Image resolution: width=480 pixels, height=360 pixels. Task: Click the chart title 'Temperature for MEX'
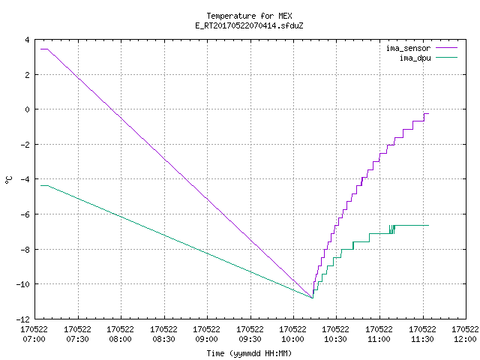[x=249, y=16]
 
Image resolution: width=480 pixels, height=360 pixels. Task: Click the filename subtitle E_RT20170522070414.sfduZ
[x=249, y=25]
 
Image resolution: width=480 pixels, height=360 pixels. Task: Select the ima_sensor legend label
[x=408, y=48]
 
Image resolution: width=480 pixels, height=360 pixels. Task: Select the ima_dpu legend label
[x=415, y=58]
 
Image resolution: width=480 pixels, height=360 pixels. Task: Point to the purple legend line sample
[x=446, y=48]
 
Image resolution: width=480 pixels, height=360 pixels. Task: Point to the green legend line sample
[x=446, y=57]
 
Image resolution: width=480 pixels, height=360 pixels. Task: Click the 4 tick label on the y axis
[x=28, y=40]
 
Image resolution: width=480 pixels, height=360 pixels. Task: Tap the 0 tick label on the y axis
[x=28, y=109]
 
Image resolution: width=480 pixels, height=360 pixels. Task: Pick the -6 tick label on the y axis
[x=25, y=214]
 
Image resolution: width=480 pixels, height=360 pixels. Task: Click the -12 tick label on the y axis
[x=23, y=319]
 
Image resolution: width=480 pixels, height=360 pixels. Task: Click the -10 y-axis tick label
[x=23, y=284]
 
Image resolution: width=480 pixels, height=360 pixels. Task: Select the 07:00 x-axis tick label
[x=34, y=339]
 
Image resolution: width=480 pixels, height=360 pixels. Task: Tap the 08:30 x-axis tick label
[x=163, y=339]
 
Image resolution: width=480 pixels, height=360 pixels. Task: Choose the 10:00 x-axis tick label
[x=293, y=339]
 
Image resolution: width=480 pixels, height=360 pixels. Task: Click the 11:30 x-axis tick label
[x=422, y=339]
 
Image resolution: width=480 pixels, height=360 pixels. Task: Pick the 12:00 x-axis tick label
[x=465, y=339]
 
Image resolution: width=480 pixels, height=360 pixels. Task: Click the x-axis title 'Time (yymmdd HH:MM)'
[x=249, y=353]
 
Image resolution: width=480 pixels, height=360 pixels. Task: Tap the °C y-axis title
[x=9, y=180]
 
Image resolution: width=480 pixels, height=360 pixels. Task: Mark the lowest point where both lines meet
[x=313, y=298]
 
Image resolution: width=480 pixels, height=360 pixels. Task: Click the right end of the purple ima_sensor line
[x=428, y=113]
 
